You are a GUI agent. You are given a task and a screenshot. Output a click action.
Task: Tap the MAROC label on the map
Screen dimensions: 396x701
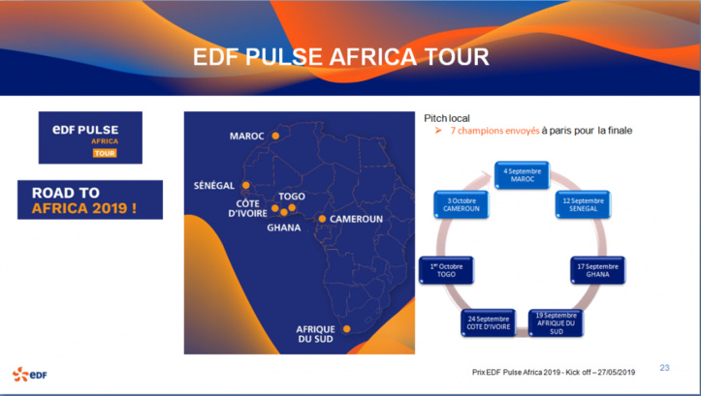246,137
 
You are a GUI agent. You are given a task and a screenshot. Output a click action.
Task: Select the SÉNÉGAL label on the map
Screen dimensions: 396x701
217,184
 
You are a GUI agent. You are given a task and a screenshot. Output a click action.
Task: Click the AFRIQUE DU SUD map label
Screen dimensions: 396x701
315,334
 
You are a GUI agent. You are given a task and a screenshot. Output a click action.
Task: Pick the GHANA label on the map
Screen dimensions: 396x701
284,228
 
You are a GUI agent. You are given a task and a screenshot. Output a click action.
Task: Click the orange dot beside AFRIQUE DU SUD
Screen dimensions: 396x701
346,329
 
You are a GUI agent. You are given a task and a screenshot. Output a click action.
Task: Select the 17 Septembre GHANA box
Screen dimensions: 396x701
597,270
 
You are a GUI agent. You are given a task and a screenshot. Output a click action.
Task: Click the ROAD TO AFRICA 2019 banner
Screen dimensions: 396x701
90,199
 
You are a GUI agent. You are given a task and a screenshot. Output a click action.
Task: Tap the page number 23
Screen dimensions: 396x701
664,367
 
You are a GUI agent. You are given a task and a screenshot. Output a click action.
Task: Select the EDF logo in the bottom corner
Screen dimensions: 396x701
29,374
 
